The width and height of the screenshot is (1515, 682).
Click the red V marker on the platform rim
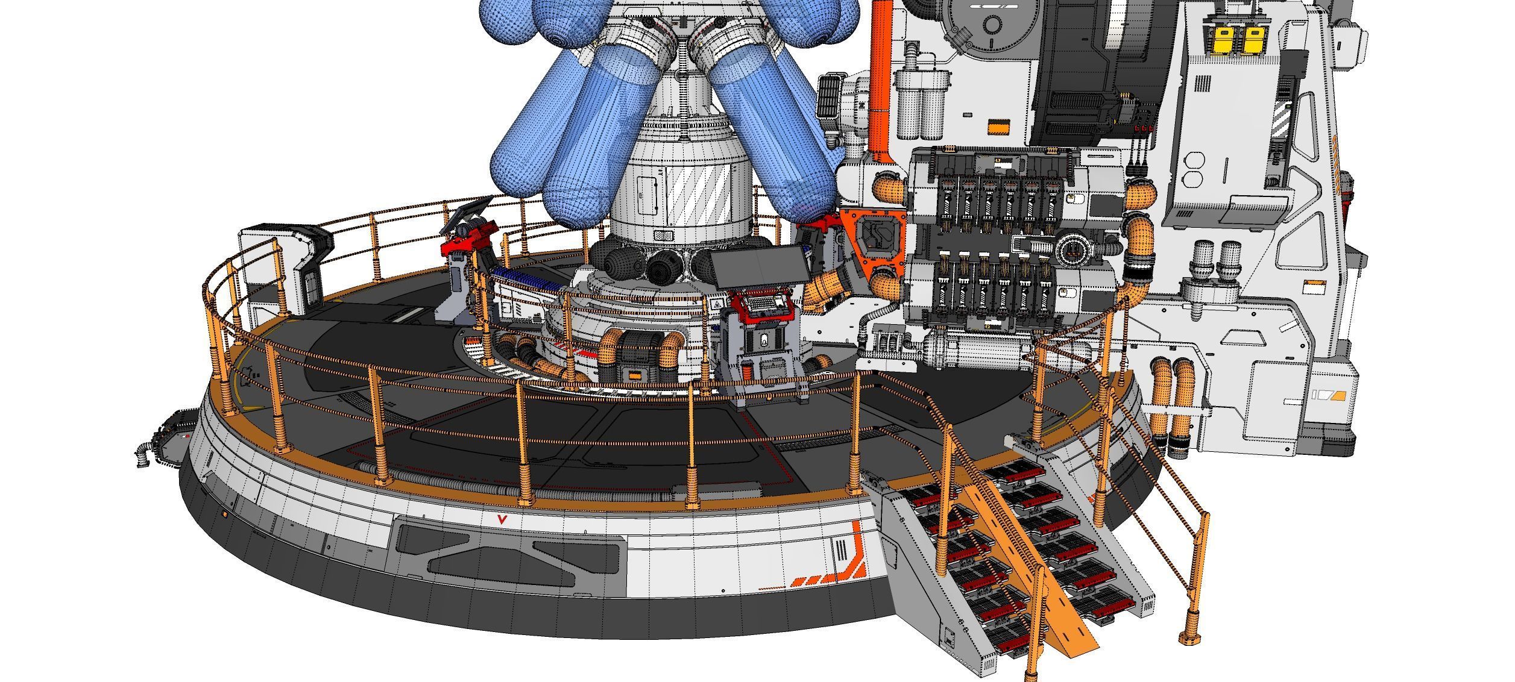(500, 520)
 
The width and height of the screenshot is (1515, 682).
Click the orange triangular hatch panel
(872, 239)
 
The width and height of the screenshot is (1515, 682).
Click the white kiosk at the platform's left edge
(283, 265)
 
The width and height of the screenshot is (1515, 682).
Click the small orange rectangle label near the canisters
(998, 127)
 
